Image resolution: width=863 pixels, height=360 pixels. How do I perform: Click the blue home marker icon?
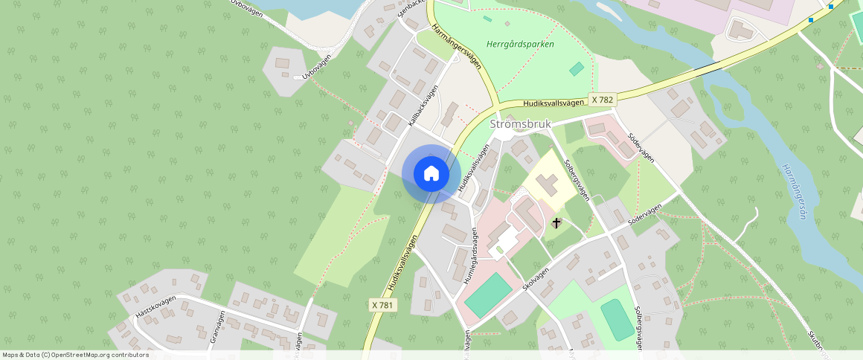click(x=431, y=174)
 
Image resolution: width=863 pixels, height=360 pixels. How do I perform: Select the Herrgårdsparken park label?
click(x=520, y=44)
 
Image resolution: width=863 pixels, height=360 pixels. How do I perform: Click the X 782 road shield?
click(x=603, y=99)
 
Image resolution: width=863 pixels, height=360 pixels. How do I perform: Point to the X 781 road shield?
click(x=382, y=305)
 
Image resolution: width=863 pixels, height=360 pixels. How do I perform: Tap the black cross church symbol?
click(x=556, y=222)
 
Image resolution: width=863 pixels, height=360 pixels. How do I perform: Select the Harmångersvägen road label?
click(x=455, y=50)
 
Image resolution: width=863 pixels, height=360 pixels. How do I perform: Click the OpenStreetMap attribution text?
click(x=75, y=355)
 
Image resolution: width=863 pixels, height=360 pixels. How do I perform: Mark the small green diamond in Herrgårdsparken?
click(x=577, y=68)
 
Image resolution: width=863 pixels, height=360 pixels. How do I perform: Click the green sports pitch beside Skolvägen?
click(x=488, y=293)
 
